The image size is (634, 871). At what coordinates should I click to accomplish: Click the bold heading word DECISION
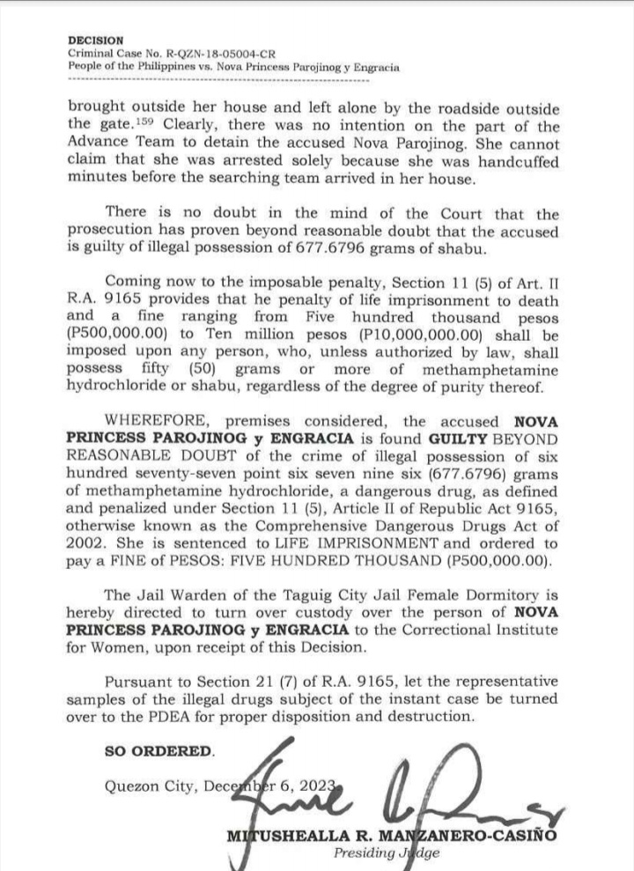96,41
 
